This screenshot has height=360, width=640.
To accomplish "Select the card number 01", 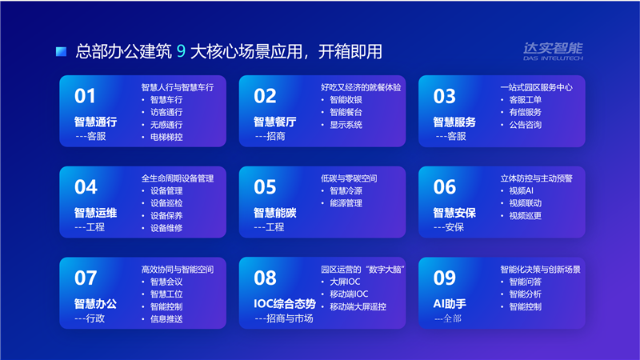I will [x=85, y=96].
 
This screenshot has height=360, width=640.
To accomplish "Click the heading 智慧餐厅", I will [x=274, y=122].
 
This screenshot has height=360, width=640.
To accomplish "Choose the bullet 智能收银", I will [x=346, y=100].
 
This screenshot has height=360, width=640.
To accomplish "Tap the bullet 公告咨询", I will [x=525, y=125].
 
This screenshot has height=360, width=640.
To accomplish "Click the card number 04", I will [x=86, y=187].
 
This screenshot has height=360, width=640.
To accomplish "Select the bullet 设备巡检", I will [x=166, y=203].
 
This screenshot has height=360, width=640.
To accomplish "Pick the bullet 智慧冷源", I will [x=346, y=191].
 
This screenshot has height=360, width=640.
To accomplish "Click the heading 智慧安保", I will [x=454, y=213].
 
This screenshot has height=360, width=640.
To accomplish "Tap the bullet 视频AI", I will [x=521, y=191].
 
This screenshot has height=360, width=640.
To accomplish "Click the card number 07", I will [x=86, y=278].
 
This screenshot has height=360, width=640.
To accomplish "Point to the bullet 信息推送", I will [x=166, y=319].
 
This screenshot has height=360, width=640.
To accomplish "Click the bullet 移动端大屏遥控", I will [x=358, y=306].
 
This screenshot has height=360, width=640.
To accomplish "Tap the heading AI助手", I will [x=450, y=304].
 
